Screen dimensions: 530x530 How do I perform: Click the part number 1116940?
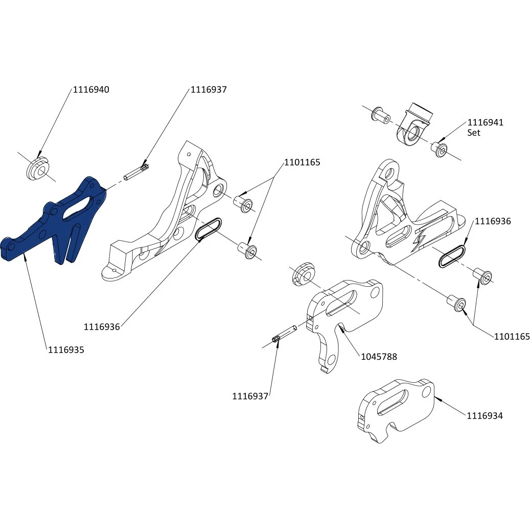click(x=91, y=89)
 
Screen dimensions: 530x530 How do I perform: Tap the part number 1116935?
click(x=66, y=350)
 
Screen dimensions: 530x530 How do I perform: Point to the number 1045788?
click(x=379, y=357)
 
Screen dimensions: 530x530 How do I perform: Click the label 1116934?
click(x=485, y=416)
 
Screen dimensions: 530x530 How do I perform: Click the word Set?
click(x=474, y=132)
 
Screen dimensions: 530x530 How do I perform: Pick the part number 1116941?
click(x=486, y=123)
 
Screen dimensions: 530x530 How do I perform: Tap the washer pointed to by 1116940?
click(x=37, y=168)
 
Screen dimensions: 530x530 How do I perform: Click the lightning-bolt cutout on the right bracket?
click(x=425, y=238)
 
